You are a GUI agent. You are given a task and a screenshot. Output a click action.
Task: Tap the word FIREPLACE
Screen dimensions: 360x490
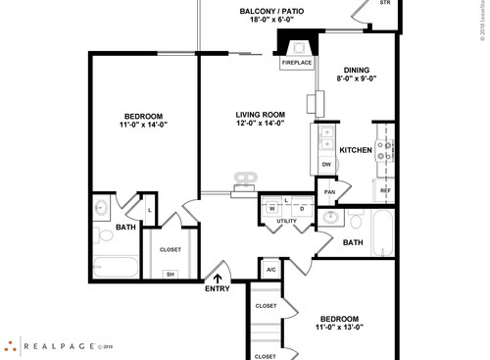(x=297, y=63)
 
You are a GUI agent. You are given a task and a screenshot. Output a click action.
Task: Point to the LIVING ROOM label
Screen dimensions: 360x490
(x=260, y=115)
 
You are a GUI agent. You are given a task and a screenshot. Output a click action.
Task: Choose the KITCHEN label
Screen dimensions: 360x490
(x=355, y=150)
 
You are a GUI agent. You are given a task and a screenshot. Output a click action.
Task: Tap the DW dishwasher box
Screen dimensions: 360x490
(x=326, y=164)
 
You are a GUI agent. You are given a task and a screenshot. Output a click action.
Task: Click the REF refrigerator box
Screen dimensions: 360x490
(x=385, y=190)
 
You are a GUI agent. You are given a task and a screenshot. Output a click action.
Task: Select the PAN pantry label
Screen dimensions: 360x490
(x=331, y=191)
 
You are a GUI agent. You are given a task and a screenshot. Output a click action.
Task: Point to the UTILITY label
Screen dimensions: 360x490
(x=286, y=222)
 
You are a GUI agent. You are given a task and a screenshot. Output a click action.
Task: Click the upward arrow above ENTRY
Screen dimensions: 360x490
(x=218, y=278)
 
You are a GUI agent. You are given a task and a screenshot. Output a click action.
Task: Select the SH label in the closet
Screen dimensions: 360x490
(x=170, y=274)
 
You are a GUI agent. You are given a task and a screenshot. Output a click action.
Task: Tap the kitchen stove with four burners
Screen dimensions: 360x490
(x=385, y=151)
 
